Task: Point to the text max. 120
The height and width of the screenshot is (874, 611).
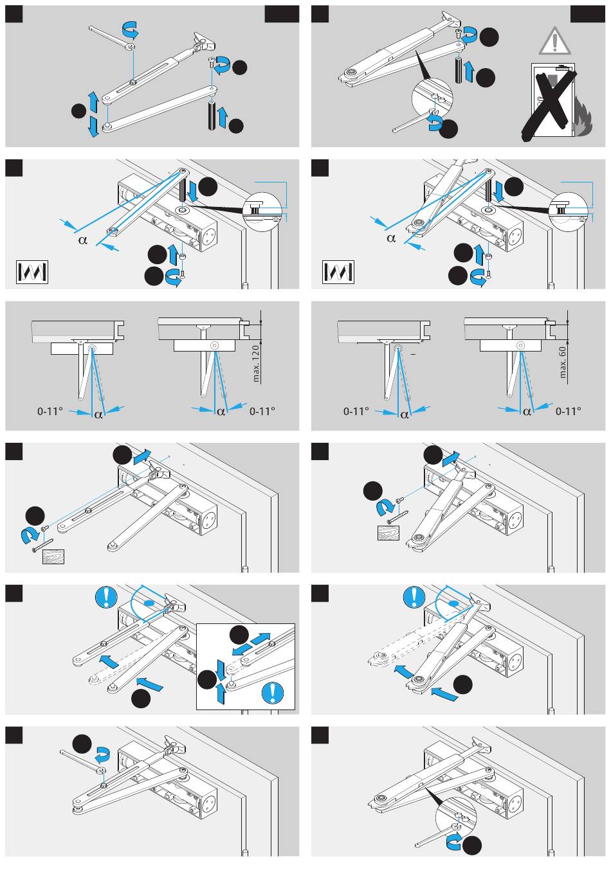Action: point(256,363)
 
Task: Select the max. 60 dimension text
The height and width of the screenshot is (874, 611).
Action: point(563,363)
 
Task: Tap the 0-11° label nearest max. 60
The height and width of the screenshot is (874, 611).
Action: point(569,411)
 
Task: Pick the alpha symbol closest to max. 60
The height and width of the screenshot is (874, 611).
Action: point(527,412)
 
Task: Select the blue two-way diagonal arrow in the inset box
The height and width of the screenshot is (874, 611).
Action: point(251,643)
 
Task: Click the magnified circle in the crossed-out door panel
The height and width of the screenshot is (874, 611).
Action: point(432,99)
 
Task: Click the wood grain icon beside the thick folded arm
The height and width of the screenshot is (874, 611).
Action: point(388,533)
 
